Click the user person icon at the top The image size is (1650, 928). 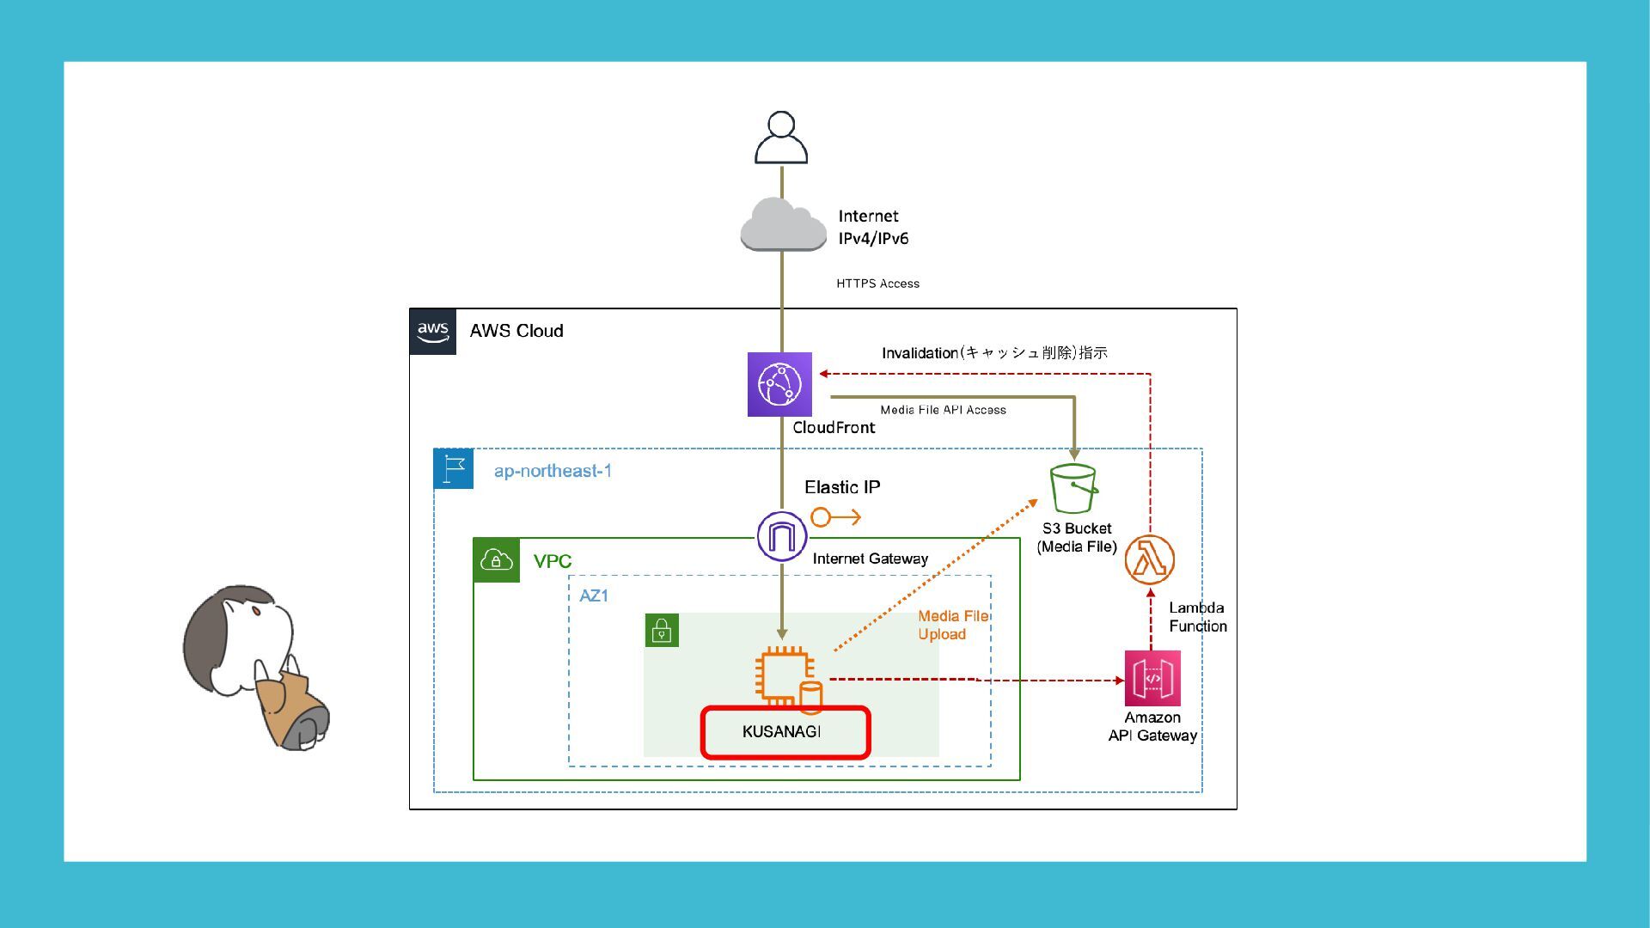(780, 137)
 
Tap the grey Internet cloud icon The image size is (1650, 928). (783, 225)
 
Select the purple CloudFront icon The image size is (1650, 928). (779, 384)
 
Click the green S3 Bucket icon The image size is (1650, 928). (1073, 488)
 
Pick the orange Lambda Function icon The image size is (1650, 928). (1150, 559)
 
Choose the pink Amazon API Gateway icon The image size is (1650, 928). (1152, 678)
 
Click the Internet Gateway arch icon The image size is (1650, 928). (781, 536)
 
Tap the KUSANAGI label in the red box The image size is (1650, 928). (781, 732)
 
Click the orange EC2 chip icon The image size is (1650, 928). (784, 675)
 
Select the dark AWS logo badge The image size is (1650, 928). (433, 332)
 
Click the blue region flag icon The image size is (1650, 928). (454, 469)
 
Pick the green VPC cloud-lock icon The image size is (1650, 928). (497, 560)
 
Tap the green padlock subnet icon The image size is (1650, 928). (662, 631)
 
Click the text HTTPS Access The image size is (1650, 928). (877, 284)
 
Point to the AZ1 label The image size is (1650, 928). (594, 595)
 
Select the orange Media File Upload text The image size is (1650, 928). (952, 626)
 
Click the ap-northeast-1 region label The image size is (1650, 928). (553, 471)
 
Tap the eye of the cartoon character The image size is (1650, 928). (256, 611)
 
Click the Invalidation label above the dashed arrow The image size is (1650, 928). (993, 353)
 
